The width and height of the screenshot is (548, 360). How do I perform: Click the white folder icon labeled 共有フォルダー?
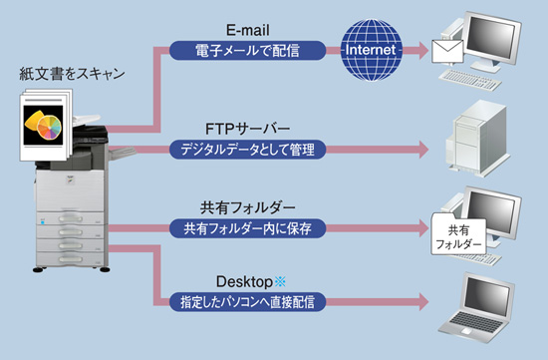point(457,235)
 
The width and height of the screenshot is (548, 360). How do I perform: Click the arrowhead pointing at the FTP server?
point(422,150)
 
